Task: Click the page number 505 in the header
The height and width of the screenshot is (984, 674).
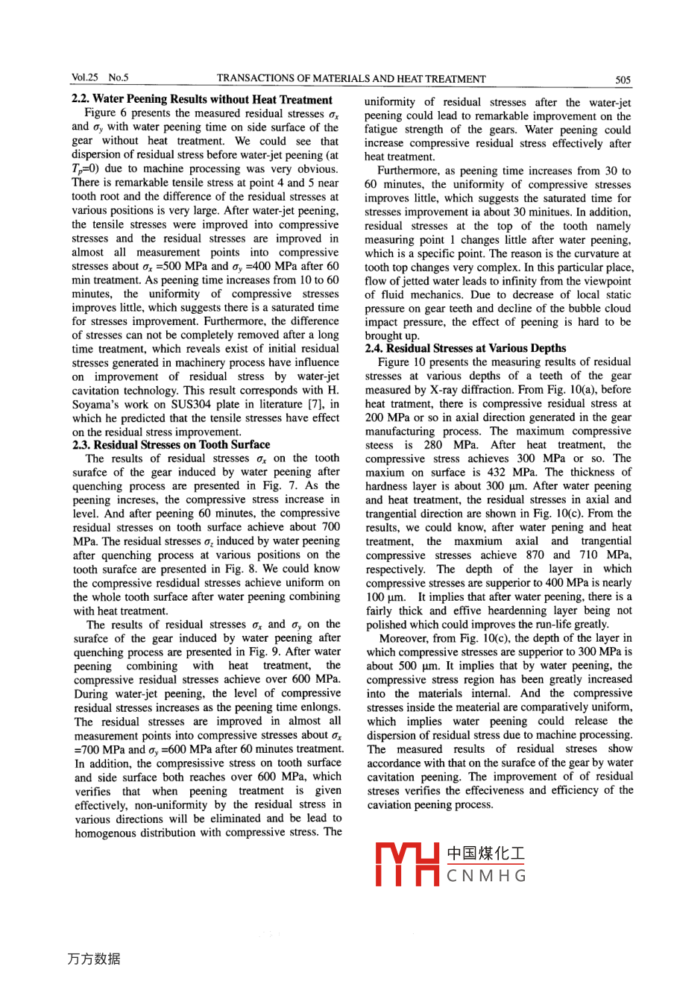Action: point(623,79)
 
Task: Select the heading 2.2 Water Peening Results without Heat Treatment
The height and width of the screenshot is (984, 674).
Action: point(201,99)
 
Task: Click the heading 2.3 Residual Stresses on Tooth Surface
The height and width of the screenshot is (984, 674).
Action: point(171,444)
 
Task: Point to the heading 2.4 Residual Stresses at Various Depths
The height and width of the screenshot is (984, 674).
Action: point(465,348)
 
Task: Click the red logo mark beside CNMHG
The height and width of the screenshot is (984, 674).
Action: point(406,864)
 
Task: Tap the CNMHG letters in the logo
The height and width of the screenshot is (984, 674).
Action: point(486,876)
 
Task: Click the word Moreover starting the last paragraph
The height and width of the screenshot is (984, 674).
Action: point(406,638)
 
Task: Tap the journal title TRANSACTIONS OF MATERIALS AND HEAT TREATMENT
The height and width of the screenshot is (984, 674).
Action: point(350,79)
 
